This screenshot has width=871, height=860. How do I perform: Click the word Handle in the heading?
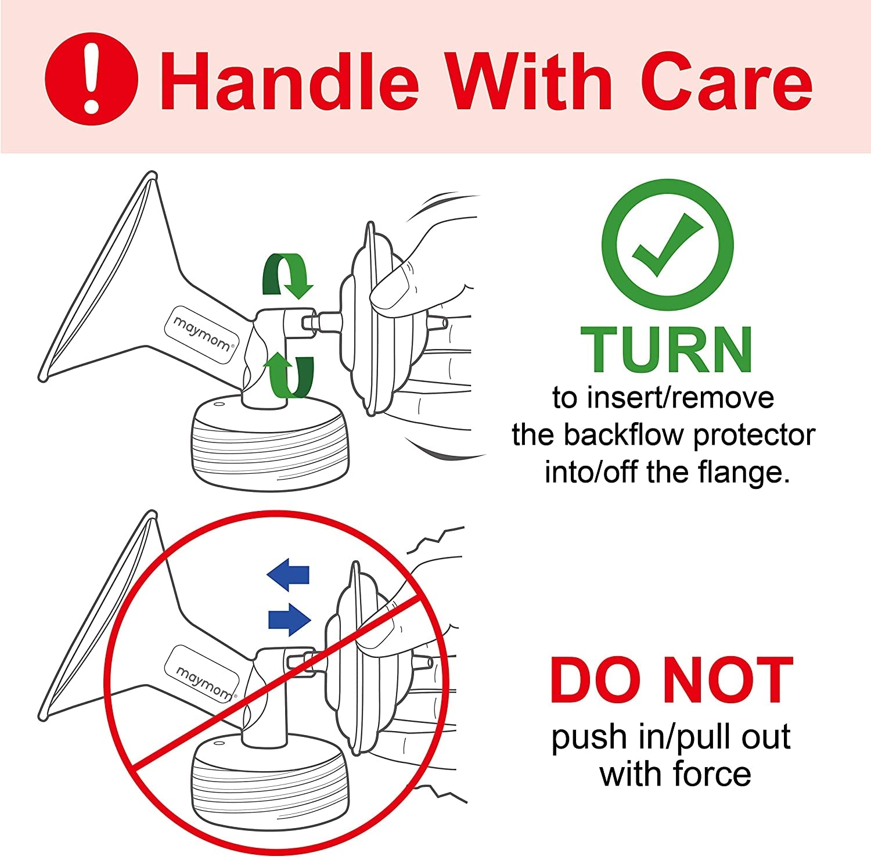[x=289, y=81]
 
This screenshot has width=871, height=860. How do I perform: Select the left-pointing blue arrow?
[x=288, y=575]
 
